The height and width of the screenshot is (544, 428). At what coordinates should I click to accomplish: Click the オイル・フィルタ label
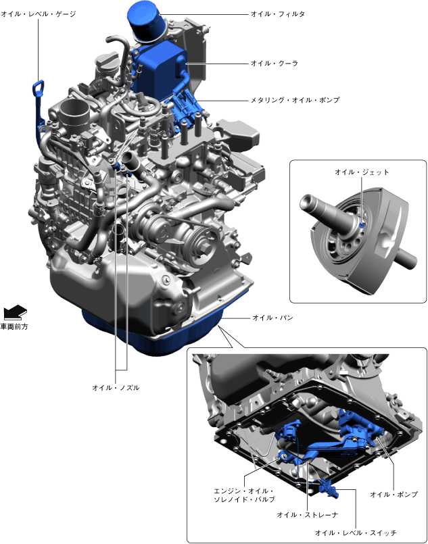pyautogui.click(x=278, y=14)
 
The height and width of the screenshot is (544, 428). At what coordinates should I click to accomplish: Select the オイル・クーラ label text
pyautogui.click(x=275, y=64)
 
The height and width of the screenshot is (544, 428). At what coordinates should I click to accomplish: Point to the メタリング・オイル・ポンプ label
pyautogui.click(x=295, y=100)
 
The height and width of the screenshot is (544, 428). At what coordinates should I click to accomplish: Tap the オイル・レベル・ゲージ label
pyautogui.click(x=38, y=14)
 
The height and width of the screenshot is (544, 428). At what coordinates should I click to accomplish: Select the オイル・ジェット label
pyautogui.click(x=362, y=172)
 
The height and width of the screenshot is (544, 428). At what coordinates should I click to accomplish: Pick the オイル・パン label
pyautogui.click(x=273, y=318)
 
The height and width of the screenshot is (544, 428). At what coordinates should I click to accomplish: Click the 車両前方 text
pyautogui.click(x=14, y=327)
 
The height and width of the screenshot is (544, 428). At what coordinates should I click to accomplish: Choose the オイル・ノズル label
pyautogui.click(x=116, y=388)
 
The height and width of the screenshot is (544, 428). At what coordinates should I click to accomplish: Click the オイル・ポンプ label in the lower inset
pyautogui.click(x=394, y=495)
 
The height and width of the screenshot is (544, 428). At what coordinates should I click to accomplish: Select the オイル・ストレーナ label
pyautogui.click(x=308, y=515)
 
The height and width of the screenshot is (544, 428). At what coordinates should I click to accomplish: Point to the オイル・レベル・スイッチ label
pyautogui.click(x=356, y=533)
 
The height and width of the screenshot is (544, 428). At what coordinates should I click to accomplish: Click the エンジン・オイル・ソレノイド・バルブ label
pyautogui.click(x=244, y=495)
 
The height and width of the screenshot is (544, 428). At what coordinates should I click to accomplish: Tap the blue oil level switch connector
pyautogui.click(x=328, y=488)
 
